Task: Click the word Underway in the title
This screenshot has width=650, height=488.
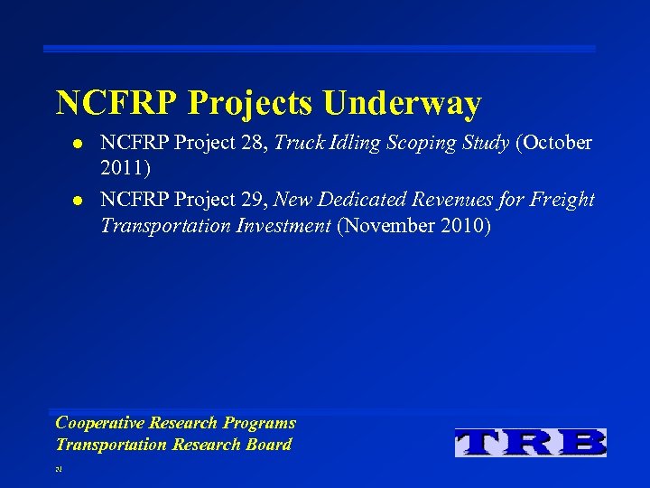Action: (402, 103)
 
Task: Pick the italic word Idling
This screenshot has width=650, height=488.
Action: (352, 143)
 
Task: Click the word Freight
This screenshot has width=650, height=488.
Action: (564, 199)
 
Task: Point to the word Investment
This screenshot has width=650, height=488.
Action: (287, 225)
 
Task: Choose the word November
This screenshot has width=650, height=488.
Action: (391, 225)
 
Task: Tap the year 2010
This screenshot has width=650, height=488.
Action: (465, 225)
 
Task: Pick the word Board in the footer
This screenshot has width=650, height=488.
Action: (267, 444)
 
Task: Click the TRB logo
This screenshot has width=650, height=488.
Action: (531, 442)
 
